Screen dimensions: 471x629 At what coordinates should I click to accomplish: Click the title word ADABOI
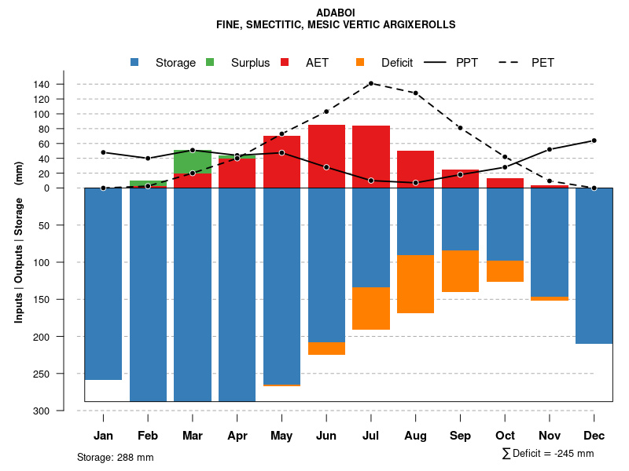[x=336, y=13]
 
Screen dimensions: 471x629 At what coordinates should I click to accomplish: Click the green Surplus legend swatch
[x=210, y=63]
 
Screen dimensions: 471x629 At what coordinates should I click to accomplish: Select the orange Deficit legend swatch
[x=360, y=63]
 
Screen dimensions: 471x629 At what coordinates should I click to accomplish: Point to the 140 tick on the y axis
[x=64, y=84]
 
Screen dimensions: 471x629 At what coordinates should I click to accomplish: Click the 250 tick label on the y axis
[x=64, y=374]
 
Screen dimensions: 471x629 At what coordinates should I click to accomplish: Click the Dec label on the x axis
[x=594, y=436]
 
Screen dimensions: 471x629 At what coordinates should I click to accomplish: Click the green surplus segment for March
[x=193, y=162]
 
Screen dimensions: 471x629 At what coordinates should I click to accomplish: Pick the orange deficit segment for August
[x=416, y=284]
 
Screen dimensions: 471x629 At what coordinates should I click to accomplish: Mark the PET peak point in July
[x=371, y=83]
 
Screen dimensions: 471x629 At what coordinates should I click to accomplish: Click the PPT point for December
[x=594, y=141]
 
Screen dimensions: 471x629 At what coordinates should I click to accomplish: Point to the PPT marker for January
[x=103, y=152]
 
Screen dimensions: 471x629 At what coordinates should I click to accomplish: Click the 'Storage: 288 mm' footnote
[x=115, y=457]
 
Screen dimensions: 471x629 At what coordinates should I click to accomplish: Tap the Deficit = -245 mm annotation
[x=548, y=454]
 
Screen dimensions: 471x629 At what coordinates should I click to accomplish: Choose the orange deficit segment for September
[x=461, y=272]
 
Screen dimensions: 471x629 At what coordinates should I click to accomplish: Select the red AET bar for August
[x=416, y=169]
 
